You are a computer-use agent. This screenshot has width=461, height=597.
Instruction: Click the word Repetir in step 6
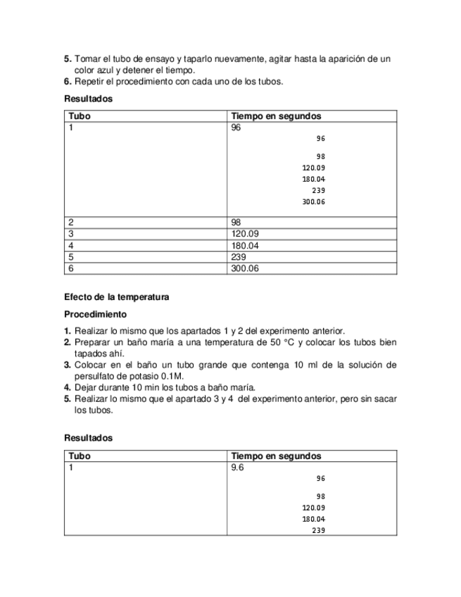91,81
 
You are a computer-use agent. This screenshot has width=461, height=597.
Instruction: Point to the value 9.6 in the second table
237,467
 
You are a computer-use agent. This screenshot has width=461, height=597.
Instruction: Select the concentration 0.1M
172,376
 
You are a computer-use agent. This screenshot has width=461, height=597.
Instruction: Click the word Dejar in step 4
86,387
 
